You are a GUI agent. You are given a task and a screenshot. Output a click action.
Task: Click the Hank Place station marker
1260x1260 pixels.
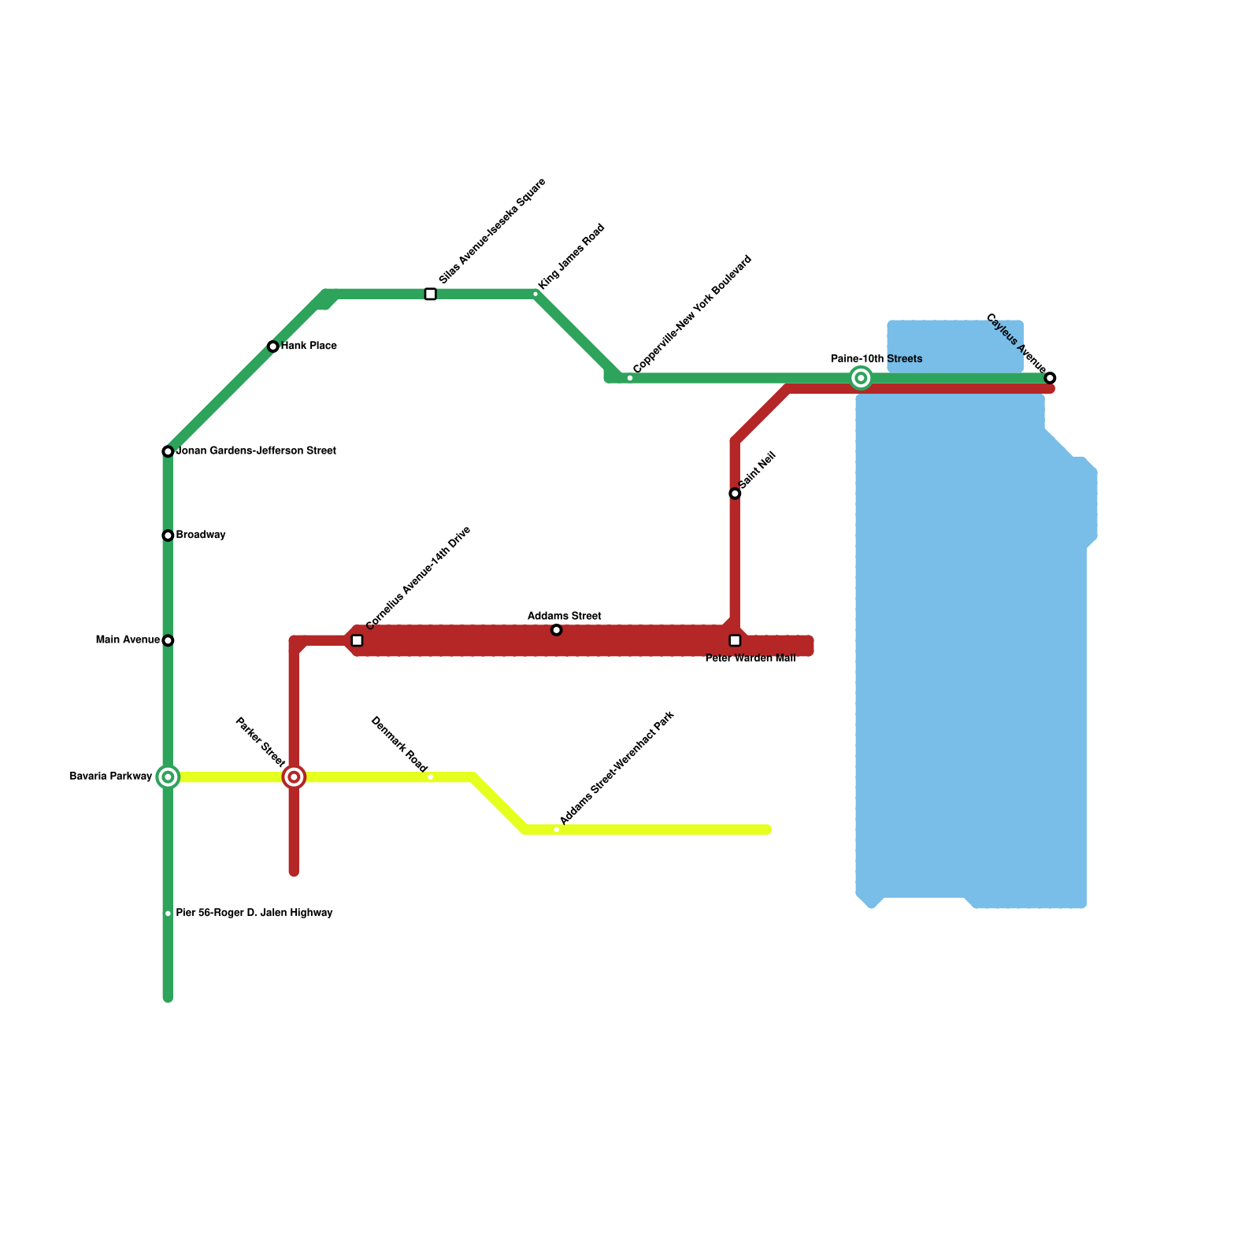272,346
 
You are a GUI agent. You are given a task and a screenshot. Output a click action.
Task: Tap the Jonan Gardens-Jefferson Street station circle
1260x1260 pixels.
168,451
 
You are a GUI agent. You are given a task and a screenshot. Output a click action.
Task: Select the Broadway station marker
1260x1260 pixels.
168,535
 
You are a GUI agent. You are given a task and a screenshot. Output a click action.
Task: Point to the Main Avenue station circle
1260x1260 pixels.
168,640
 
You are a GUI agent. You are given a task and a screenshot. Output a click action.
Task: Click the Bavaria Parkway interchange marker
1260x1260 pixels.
168,777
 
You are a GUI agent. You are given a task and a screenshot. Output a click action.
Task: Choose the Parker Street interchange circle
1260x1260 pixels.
294,777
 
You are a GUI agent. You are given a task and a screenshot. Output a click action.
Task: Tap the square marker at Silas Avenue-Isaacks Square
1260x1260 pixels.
430,295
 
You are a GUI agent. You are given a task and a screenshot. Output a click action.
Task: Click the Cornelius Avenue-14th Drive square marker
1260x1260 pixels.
357,640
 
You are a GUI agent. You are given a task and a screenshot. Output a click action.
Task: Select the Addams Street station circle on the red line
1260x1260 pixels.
556,630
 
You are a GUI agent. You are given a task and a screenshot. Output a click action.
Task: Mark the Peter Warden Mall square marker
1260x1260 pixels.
735,640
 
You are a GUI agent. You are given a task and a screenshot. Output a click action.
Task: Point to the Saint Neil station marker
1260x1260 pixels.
735,494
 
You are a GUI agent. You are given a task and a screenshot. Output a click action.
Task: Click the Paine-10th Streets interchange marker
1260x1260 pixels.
861,378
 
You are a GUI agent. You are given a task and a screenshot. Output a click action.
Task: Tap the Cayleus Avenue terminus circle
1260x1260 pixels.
1050,378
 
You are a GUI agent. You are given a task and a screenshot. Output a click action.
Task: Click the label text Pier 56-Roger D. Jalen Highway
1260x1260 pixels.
254,913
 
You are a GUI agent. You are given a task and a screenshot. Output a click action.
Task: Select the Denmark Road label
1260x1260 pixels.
398,744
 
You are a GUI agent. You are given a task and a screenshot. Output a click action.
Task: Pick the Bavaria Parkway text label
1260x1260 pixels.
111,776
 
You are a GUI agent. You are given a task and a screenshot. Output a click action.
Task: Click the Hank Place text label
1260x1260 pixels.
309,346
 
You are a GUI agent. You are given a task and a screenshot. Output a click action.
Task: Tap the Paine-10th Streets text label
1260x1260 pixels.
876,359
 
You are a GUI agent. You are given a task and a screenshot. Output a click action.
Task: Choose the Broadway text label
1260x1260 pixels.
201,535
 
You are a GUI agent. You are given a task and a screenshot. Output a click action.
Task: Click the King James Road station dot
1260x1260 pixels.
535,295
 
